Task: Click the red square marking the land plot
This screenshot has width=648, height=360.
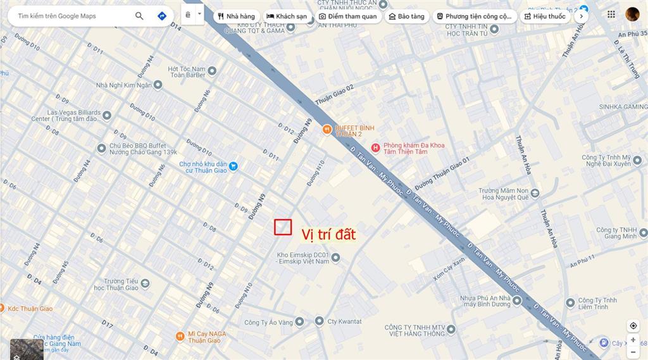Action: (x=282, y=227)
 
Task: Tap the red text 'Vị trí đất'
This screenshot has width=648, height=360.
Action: (x=328, y=235)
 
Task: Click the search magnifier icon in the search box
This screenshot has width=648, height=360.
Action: (x=139, y=16)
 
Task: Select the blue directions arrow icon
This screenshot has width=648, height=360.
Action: (x=162, y=16)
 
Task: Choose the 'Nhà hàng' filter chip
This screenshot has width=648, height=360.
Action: (x=236, y=16)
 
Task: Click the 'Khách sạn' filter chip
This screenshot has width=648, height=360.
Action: (x=287, y=16)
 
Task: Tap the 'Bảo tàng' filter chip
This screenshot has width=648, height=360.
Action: (x=406, y=16)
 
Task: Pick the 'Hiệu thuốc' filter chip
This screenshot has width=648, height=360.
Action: (x=544, y=16)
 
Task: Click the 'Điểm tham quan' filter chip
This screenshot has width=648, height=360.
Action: (x=347, y=16)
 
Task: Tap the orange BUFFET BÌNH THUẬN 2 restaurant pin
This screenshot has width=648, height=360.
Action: (x=327, y=130)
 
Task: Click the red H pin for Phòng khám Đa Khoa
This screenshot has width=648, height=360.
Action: (x=375, y=148)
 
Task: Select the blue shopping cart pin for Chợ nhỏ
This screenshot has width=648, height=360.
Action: (x=234, y=166)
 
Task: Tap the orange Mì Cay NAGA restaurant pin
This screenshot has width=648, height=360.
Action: (x=180, y=336)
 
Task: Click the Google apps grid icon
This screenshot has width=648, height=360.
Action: (x=611, y=15)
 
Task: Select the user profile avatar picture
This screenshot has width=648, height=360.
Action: (x=632, y=15)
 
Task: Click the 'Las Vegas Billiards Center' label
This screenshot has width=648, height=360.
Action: (x=65, y=115)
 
